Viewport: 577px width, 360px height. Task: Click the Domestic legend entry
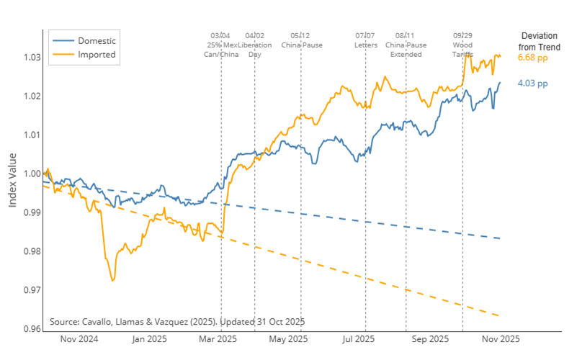96,40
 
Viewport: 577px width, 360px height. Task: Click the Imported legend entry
97,54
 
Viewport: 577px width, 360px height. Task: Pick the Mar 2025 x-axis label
218,339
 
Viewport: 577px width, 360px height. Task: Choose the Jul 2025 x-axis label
359,339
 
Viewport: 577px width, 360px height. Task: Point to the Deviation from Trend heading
539,42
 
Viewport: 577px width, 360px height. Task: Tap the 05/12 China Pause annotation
301,40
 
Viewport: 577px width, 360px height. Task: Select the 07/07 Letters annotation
365,40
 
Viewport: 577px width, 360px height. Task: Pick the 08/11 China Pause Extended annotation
406,45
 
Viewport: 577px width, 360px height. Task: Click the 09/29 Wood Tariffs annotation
462,45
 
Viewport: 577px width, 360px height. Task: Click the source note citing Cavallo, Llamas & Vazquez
177,321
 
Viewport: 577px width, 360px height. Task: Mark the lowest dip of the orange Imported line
113,280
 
